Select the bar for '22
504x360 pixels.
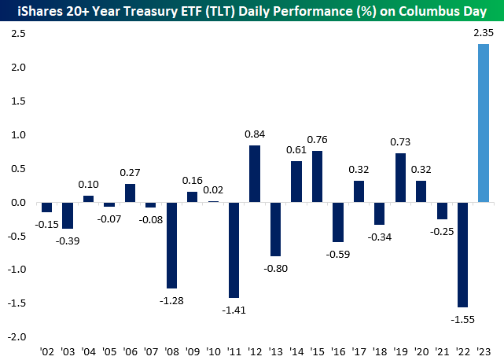point(463,255)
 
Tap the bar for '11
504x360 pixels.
point(234,250)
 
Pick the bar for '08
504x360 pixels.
point(172,245)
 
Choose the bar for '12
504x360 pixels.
point(255,174)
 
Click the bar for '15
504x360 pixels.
point(317,177)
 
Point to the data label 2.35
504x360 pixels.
point(484,34)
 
